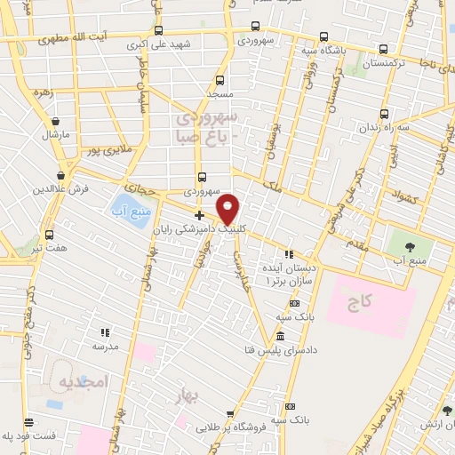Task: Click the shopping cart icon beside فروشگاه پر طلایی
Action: pos(230,414)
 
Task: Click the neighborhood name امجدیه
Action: pos(83,382)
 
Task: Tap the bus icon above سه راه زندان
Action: pos(384,113)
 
